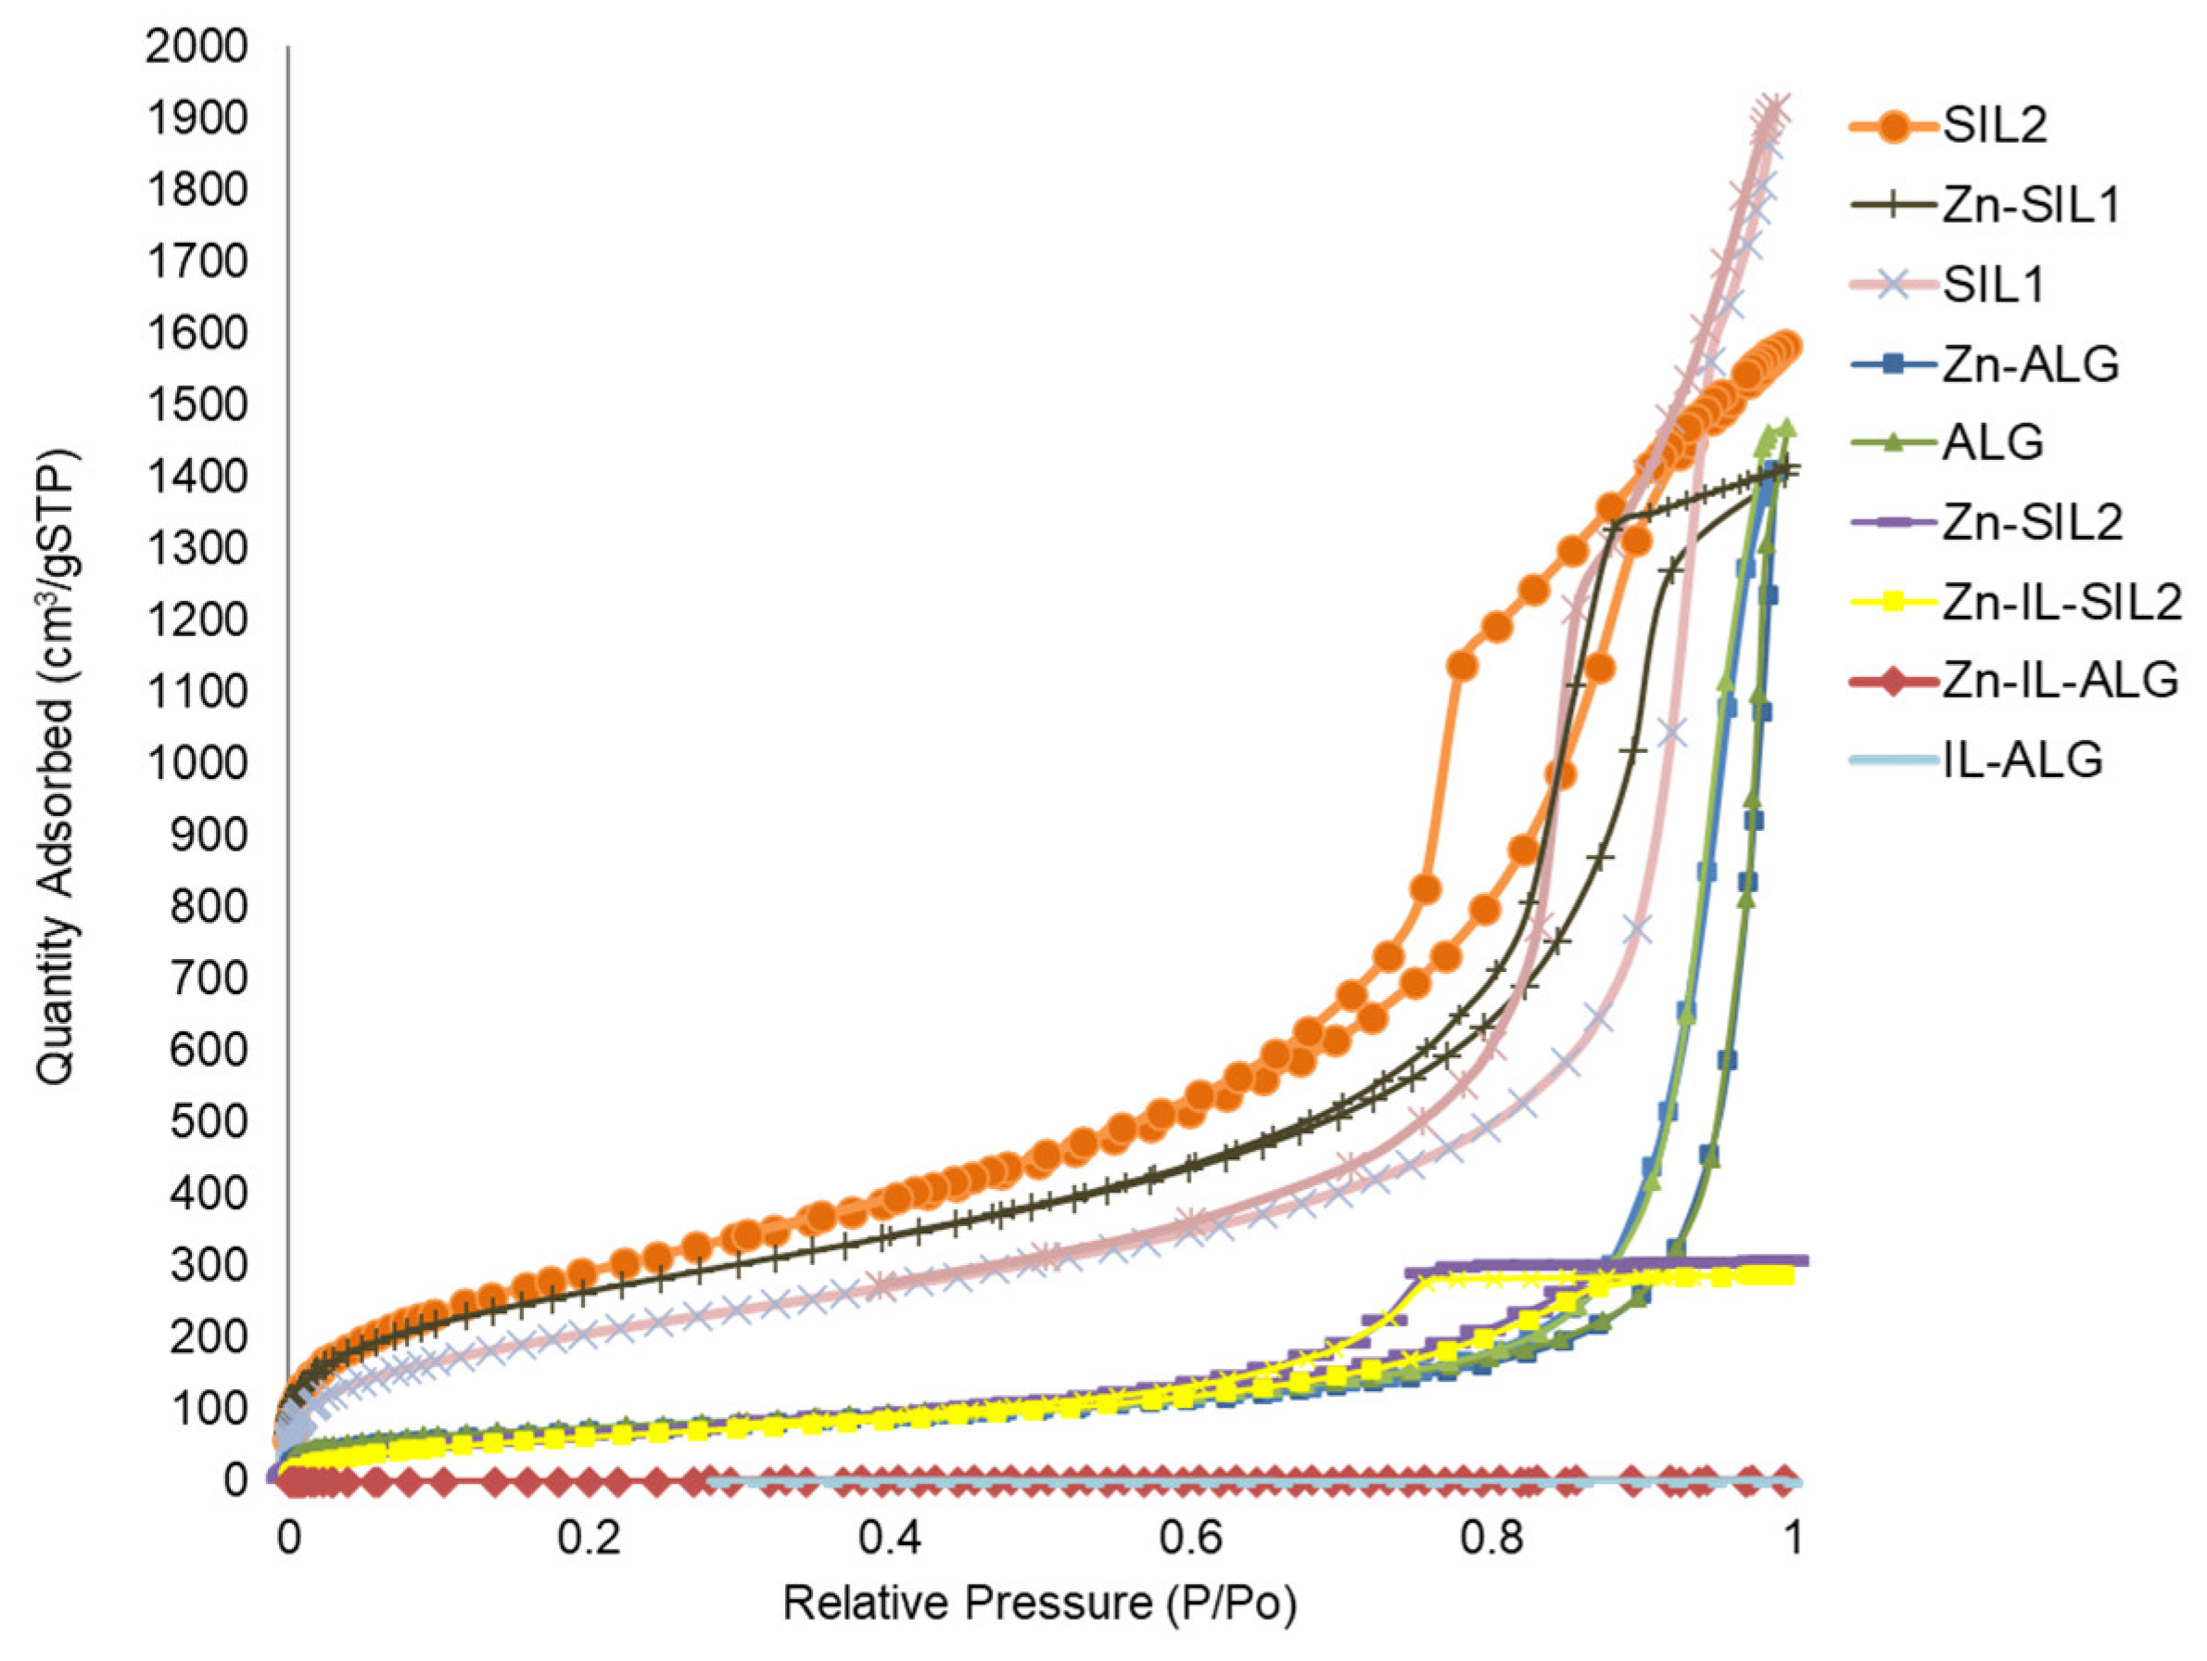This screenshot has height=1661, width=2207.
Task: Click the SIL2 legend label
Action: [1995, 126]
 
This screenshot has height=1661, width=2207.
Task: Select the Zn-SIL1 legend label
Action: [2029, 206]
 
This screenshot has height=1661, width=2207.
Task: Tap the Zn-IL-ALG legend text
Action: [2060, 681]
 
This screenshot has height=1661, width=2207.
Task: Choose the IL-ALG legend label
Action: [2023, 760]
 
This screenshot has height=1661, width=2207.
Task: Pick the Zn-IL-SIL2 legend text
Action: [2061, 602]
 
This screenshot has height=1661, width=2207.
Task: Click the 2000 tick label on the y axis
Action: [196, 46]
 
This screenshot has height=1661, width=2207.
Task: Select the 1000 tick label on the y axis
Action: [196, 762]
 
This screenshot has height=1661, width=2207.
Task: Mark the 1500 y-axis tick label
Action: [196, 404]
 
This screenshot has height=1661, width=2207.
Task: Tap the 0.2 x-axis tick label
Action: [590, 1539]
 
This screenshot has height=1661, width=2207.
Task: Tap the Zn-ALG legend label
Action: [2029, 364]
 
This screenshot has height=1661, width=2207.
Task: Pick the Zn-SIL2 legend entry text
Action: [2032, 522]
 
